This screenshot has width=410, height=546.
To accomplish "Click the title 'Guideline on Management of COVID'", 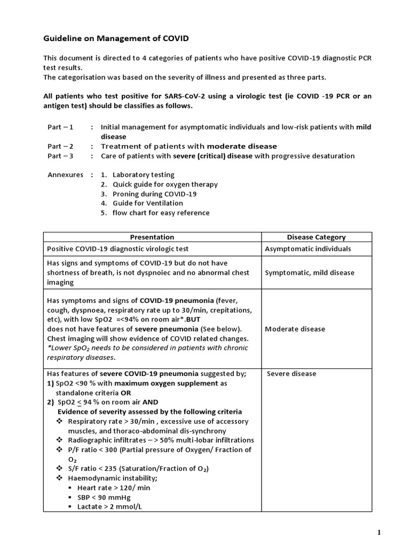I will coord(115,39).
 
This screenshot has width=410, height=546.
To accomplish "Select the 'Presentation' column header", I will coord(152,237).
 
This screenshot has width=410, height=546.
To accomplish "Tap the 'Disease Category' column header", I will coord(316,237).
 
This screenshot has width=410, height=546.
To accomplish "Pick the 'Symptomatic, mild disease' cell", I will coord(309,273).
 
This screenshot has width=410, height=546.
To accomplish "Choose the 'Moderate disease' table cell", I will coord(295,329).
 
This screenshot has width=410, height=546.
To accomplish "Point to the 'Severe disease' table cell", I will coord(291,374).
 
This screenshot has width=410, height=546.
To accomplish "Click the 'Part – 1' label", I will coord(61,127).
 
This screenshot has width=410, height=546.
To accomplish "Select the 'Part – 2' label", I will coord(61,146).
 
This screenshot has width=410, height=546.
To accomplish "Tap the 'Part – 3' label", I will coord(61,156).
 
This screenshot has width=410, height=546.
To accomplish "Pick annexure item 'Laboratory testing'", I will coord(143,175).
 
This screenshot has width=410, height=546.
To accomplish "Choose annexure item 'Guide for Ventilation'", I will coord(147,203).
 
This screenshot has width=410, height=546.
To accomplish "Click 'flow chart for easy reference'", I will coord(161,213).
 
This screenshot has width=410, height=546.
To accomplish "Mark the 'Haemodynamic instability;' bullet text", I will coord(113,478).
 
